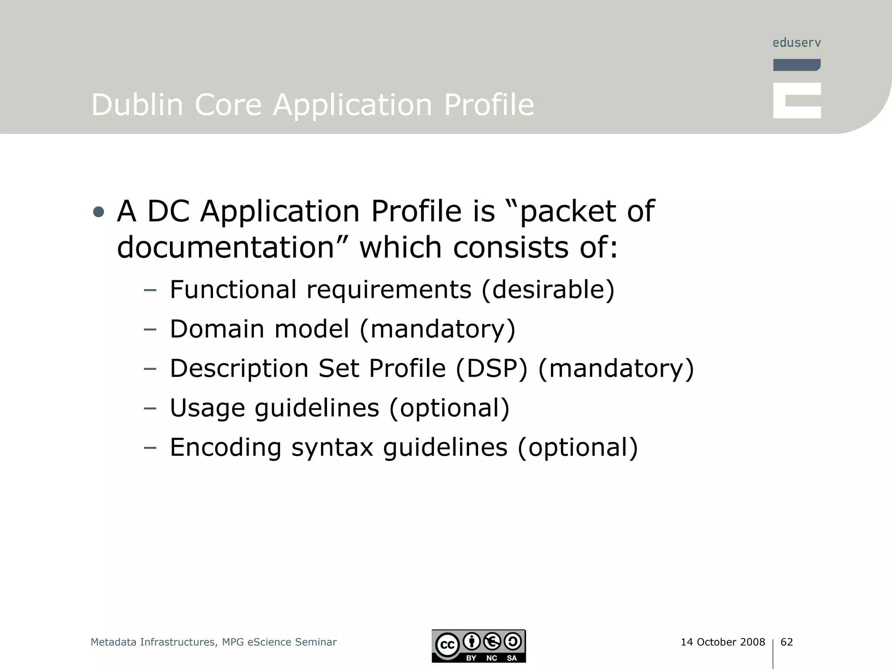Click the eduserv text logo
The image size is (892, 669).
point(797,43)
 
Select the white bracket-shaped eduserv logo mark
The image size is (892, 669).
point(797,101)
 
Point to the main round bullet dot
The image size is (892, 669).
point(99,212)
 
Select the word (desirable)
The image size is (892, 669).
point(548,289)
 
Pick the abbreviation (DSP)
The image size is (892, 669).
point(491,368)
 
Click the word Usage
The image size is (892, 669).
point(207,408)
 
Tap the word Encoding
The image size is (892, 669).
point(226,447)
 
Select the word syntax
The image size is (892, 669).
point(332,447)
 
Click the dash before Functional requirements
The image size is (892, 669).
point(150,290)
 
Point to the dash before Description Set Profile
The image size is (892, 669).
point(150,369)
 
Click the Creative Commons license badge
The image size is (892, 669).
point(479,646)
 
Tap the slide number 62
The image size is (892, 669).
point(787,642)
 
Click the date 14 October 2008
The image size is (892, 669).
point(723,642)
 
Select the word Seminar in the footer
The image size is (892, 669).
point(316,642)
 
